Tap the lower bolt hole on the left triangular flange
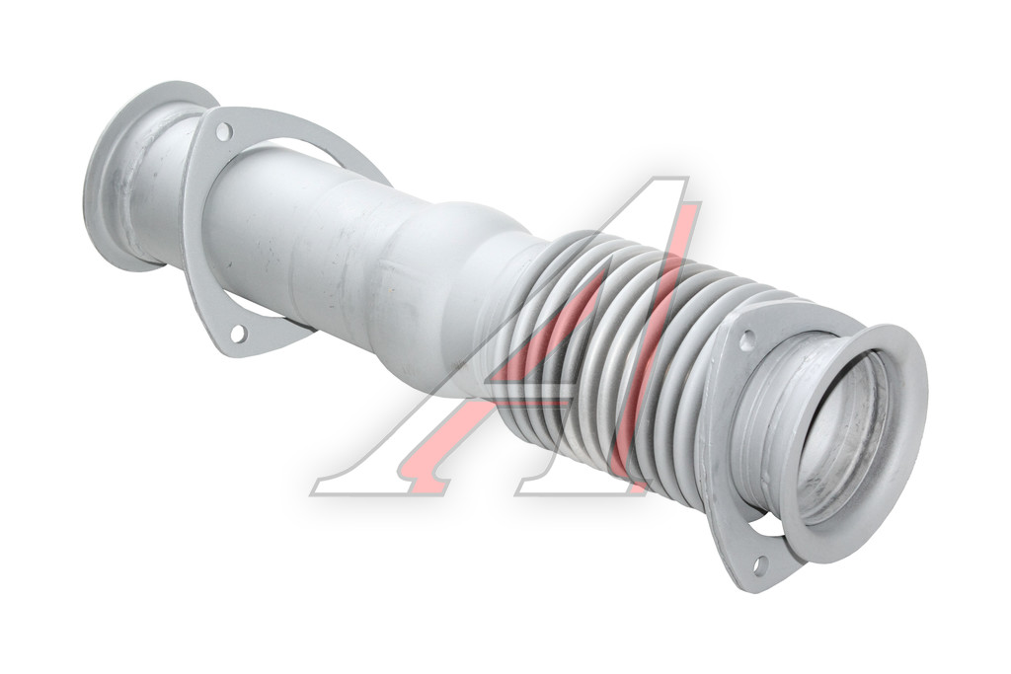tap(237, 334)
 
